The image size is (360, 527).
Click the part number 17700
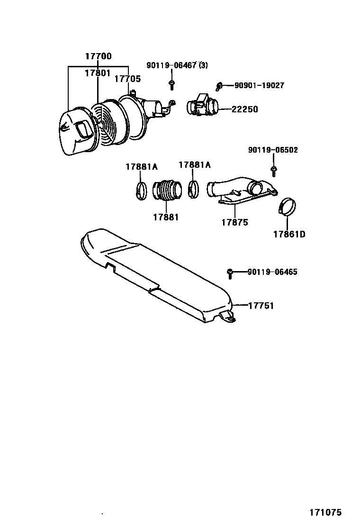[98, 56]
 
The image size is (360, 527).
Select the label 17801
[98, 73]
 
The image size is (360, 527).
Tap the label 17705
[127, 79]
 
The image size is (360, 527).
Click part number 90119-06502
[273, 150]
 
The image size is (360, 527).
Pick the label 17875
[234, 222]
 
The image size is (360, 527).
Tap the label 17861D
[289, 234]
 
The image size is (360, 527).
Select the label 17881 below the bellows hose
[166, 217]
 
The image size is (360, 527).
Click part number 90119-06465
[272, 272]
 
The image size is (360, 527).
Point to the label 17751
[261, 306]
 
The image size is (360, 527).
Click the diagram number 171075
[325, 512]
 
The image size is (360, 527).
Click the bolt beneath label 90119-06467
[171, 85]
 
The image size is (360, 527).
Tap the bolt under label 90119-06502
[273, 169]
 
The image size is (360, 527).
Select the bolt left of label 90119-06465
[230, 272]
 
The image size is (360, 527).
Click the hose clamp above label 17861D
[287, 206]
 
